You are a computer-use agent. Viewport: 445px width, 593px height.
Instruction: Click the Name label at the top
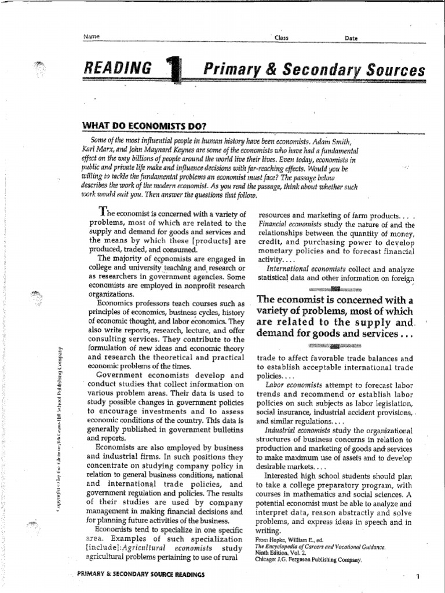[x=92, y=36]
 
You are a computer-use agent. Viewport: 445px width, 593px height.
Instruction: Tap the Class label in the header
[x=282, y=38]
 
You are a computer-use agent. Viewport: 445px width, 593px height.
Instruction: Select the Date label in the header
[x=351, y=38]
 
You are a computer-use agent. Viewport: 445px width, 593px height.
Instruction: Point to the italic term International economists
[x=306, y=269]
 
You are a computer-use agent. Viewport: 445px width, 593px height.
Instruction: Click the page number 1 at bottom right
[x=417, y=577]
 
